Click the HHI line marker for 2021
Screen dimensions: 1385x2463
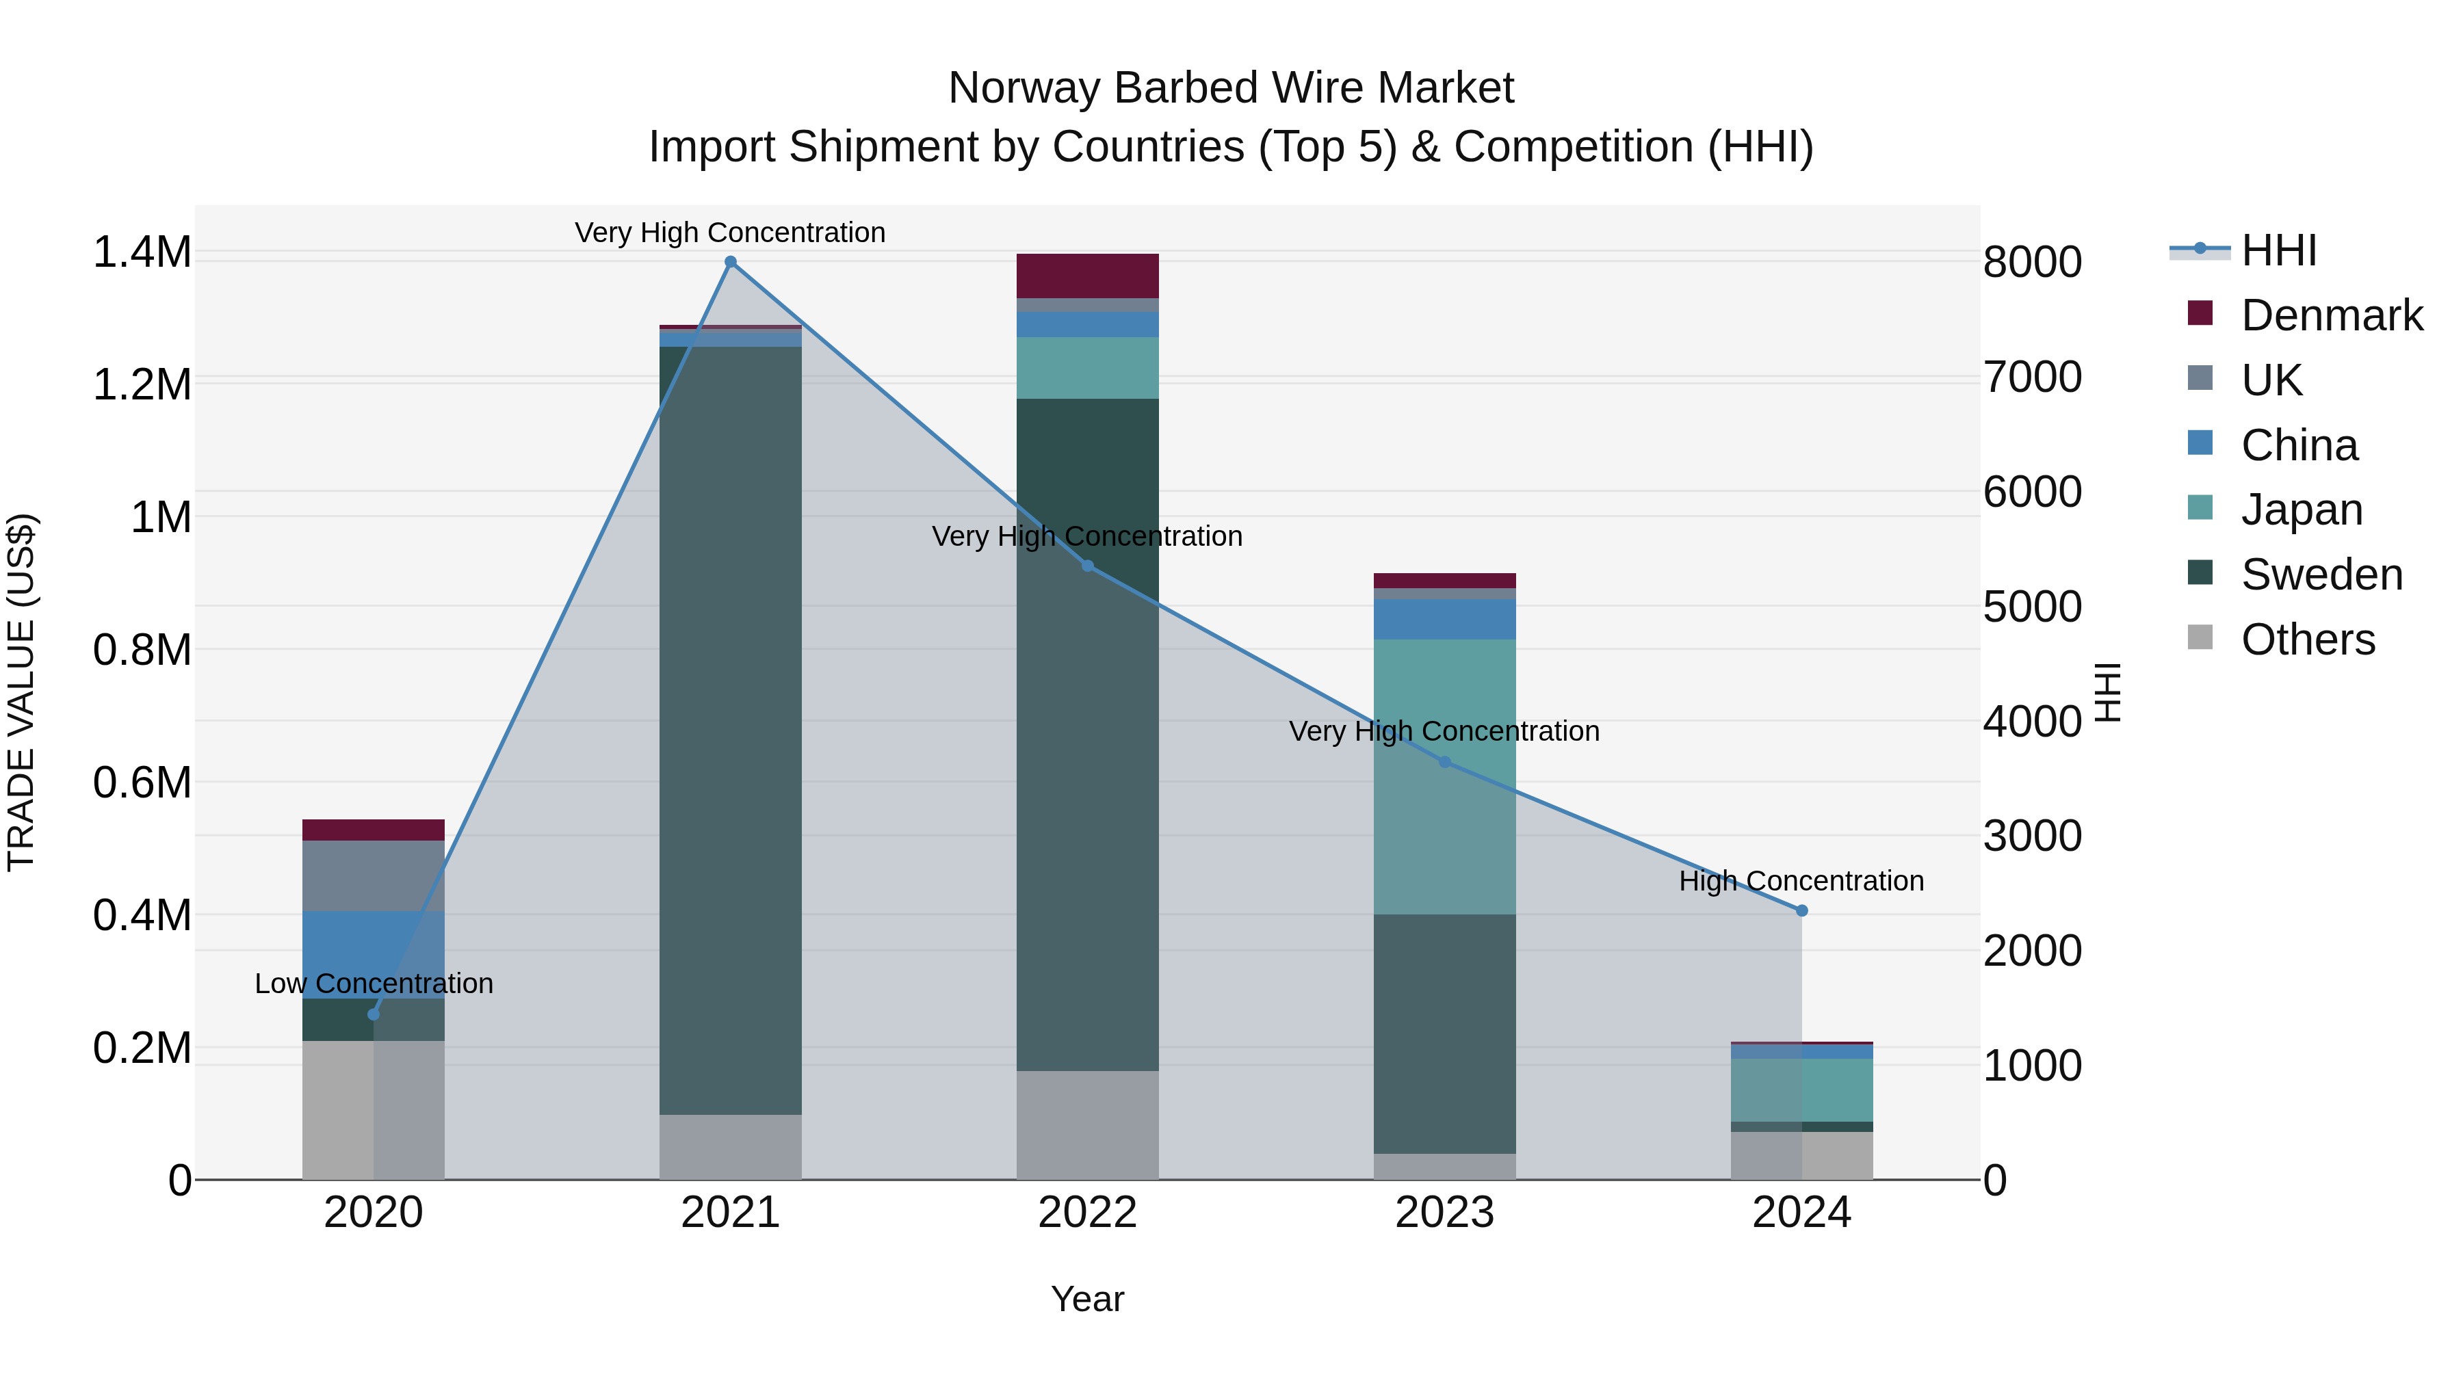click(x=731, y=262)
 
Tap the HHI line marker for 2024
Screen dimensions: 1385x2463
click(x=1801, y=911)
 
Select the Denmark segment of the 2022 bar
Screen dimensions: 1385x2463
click(x=1087, y=276)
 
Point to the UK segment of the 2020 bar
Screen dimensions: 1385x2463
click(x=373, y=875)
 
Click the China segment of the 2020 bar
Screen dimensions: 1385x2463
click(x=373, y=954)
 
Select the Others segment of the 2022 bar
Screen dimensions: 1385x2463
click(x=1087, y=1125)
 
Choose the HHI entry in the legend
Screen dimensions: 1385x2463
click(x=2278, y=250)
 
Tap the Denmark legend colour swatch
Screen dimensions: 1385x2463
click(x=2199, y=313)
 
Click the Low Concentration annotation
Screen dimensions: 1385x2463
click(x=374, y=984)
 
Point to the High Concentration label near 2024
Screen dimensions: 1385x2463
click(x=1801, y=882)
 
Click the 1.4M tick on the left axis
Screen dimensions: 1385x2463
click(x=142, y=252)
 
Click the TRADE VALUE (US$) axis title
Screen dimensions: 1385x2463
click(x=21, y=692)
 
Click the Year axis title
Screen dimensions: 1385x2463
click(x=1087, y=1299)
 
